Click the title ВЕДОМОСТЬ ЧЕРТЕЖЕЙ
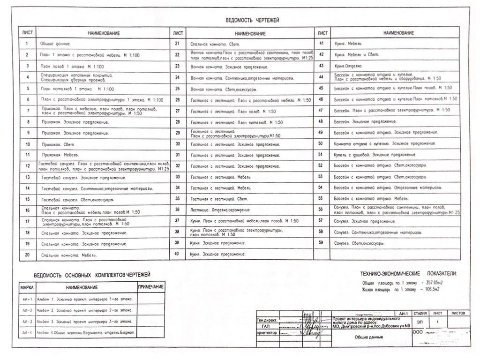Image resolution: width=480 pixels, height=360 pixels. tap(252, 20)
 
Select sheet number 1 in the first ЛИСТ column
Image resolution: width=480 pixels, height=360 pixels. tap(28, 44)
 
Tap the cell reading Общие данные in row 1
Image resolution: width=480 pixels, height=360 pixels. tap(55, 44)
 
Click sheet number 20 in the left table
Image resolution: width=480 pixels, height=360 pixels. tap(28, 255)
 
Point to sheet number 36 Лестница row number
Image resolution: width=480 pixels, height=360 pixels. tap(177, 209)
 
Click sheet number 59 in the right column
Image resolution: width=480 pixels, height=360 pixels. tap(321, 243)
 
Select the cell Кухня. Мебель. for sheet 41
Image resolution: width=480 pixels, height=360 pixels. tap(349, 43)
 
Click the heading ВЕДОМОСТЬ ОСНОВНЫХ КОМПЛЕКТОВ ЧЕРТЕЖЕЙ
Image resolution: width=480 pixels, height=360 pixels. tap(92, 275)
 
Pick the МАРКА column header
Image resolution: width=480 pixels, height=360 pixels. tap(26, 287)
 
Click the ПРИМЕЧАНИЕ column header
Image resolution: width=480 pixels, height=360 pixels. tap(150, 287)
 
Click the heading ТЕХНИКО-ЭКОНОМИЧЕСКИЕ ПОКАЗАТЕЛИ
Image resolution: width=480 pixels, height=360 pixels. tap(408, 273)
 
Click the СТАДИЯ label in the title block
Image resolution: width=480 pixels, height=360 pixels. tap(420, 313)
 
